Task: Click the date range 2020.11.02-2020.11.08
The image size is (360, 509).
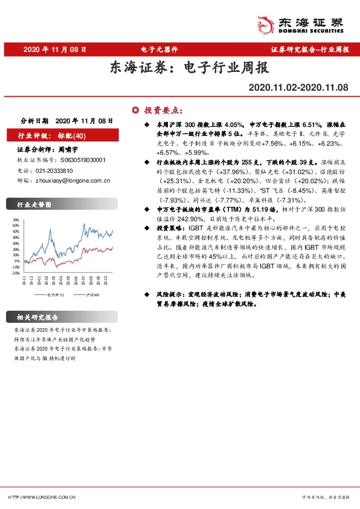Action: click(299, 88)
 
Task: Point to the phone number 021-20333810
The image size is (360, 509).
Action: click(58, 170)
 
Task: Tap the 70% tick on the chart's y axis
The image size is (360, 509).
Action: click(16, 221)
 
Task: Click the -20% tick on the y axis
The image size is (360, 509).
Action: click(15, 273)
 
